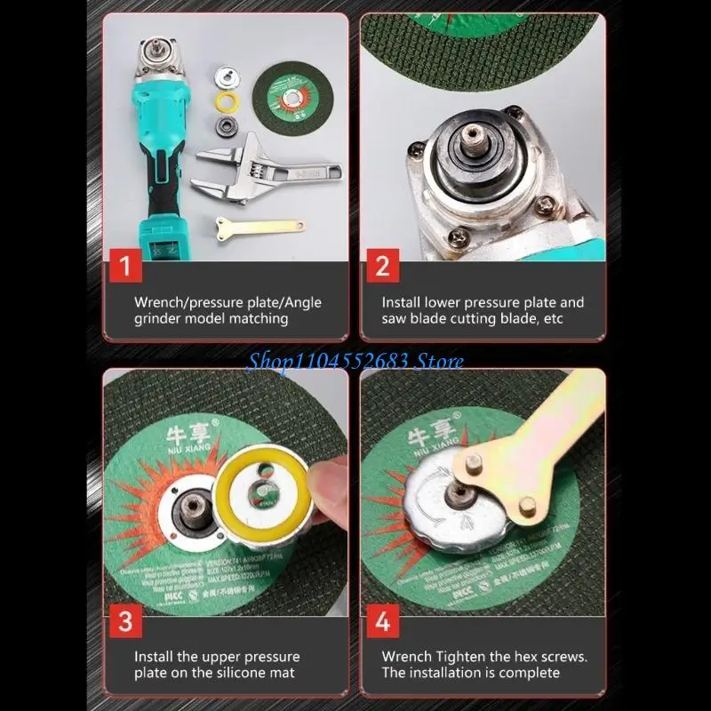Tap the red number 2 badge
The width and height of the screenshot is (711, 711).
[381, 266]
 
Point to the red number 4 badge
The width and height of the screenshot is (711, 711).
[381, 619]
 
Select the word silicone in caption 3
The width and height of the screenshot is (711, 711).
[248, 673]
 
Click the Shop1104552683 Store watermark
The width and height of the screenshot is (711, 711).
[355, 360]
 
